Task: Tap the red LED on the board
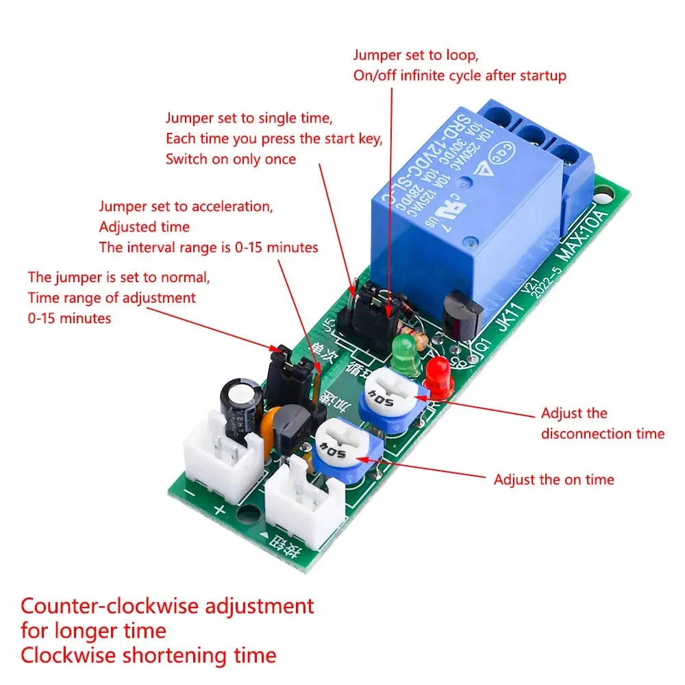click(438, 379)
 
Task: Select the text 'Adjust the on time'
click(553, 480)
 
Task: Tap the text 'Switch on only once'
click(231, 159)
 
